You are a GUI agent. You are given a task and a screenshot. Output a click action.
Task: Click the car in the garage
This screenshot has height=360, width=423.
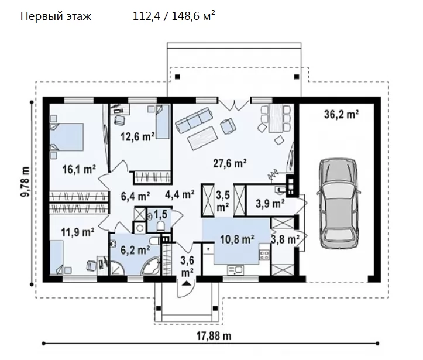339,203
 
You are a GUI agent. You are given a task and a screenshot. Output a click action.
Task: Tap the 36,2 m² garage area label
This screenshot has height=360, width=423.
341,114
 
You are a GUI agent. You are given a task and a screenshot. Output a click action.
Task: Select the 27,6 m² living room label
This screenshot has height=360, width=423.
229,163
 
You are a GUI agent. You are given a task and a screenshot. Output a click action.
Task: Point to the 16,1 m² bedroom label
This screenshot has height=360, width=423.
79,169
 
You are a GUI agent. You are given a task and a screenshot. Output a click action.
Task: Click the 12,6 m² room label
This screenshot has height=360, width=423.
137,136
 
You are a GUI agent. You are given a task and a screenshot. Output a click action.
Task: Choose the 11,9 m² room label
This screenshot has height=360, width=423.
77,232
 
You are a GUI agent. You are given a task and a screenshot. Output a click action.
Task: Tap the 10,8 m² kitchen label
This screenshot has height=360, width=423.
237,239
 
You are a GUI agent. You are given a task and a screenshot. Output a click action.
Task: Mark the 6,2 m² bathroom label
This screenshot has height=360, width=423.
135,250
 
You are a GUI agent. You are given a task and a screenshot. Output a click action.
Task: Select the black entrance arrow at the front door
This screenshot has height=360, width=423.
187,283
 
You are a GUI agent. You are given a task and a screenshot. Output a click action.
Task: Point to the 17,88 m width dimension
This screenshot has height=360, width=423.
214,336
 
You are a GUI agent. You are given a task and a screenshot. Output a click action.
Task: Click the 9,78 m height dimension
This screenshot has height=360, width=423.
25,182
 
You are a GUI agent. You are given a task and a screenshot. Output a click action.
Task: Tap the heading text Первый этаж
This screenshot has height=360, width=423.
56,16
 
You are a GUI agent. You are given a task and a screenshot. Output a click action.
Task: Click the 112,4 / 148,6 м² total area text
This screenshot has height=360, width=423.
174,16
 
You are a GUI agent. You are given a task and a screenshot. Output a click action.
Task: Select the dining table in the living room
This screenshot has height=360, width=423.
276,118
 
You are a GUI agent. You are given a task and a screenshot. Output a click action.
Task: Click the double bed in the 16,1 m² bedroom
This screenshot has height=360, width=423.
67,136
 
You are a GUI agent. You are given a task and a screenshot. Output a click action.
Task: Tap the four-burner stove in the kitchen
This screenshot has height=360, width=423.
264,255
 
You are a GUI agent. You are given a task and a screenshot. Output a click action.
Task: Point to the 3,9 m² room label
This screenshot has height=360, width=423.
270,204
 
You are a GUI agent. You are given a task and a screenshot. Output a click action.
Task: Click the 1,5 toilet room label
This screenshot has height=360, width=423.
160,215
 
